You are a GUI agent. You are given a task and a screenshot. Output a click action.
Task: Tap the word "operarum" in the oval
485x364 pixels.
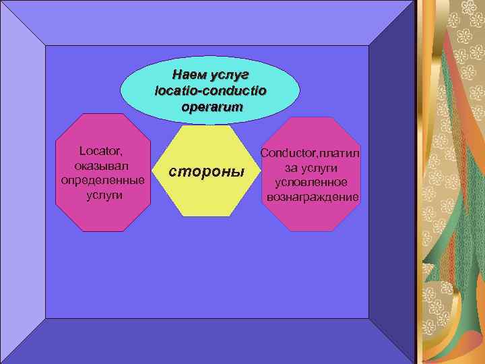212,107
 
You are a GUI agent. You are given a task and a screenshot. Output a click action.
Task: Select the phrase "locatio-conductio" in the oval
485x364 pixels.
210,90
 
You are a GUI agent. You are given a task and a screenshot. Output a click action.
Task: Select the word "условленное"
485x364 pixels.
311,182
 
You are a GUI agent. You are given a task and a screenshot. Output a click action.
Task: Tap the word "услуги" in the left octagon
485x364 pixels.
102,195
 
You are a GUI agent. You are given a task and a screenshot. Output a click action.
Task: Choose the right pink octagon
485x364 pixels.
310,216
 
